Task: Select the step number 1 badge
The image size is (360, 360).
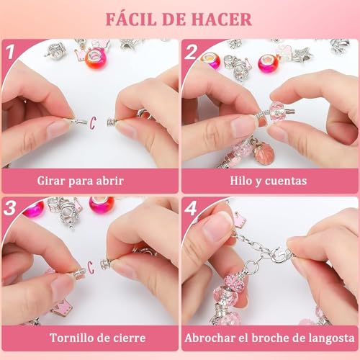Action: pyautogui.click(x=11, y=52)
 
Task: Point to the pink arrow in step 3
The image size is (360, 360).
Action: pyautogui.click(x=91, y=269)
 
